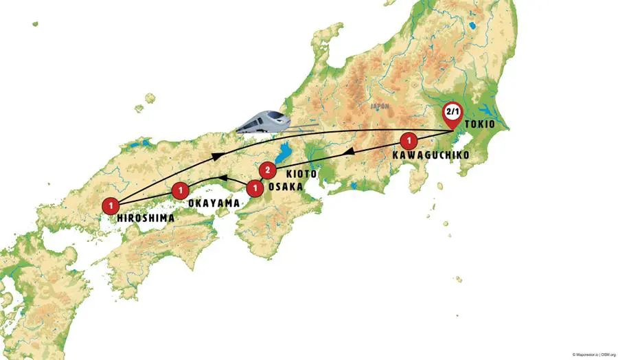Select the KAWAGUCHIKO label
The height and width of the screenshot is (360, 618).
pyautogui.click(x=431, y=155)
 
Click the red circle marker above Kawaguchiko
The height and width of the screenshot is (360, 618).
pyautogui.click(x=409, y=142)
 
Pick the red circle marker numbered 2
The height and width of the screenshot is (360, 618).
pyautogui.click(x=268, y=170)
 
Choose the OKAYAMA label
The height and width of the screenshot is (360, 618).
pyautogui.click(x=214, y=203)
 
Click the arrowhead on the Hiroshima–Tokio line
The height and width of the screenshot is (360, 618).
pyautogui.click(x=216, y=157)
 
